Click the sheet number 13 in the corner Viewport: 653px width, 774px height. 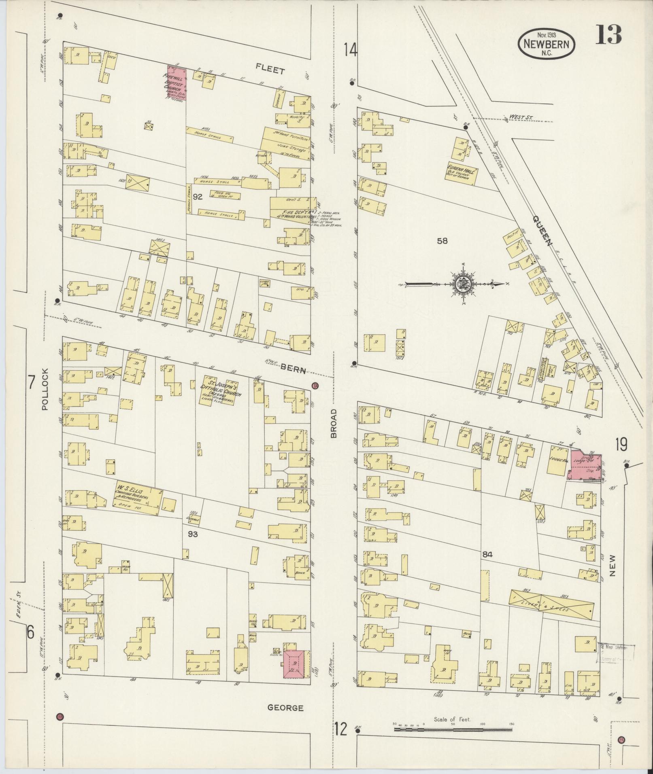click(x=608, y=35)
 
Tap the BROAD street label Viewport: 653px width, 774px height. click(x=334, y=424)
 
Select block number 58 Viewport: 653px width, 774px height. click(x=442, y=241)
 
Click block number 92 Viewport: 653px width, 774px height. click(x=198, y=197)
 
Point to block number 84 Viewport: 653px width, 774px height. click(x=487, y=555)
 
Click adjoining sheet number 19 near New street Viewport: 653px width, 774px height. click(x=621, y=445)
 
